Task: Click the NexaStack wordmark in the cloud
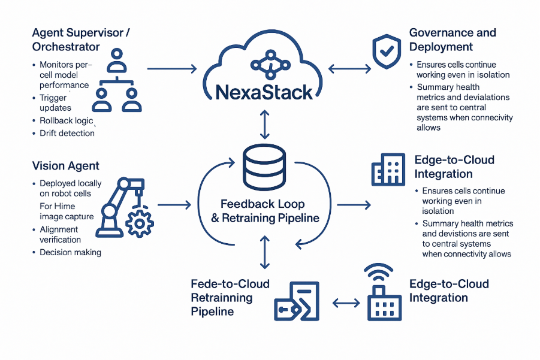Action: tap(264, 92)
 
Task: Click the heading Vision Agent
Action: tap(66, 166)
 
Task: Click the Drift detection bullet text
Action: tap(67, 133)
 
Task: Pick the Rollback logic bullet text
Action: tap(67, 120)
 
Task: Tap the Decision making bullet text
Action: tap(70, 252)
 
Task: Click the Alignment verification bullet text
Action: tap(60, 234)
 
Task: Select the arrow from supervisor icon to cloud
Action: tap(171, 69)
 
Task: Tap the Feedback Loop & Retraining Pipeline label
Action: tap(264, 211)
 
